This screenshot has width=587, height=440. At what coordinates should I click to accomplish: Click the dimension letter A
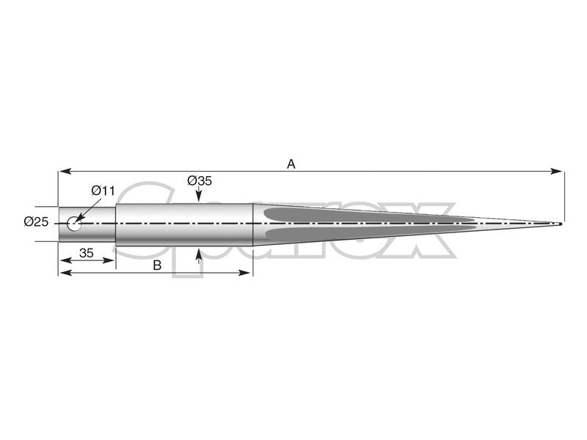point(291,164)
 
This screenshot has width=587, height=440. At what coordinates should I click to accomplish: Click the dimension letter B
point(156,265)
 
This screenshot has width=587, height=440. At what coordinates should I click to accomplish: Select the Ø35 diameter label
point(199,180)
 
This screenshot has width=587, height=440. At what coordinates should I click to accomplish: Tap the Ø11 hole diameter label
point(103,191)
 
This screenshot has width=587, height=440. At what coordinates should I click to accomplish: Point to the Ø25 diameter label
point(36,221)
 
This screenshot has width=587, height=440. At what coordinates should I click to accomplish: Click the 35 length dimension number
point(85,253)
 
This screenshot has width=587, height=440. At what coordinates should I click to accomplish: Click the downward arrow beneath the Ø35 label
point(199,196)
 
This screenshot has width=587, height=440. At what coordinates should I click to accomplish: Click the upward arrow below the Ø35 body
point(199,254)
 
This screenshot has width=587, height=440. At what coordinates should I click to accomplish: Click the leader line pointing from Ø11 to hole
point(87,209)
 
